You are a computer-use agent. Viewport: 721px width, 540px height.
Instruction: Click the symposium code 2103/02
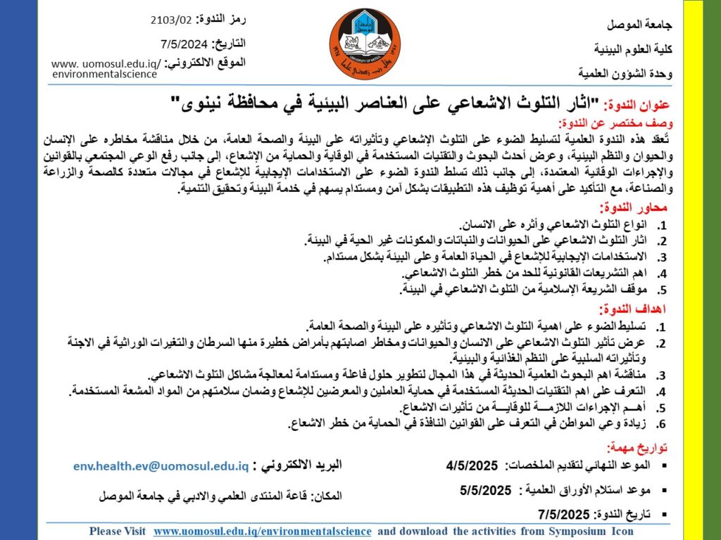(170, 19)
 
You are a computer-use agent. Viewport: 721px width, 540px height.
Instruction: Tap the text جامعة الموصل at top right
(640, 25)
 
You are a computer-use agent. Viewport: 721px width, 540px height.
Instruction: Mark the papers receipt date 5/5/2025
(484, 490)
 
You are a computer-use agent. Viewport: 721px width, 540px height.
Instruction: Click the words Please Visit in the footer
(117, 532)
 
